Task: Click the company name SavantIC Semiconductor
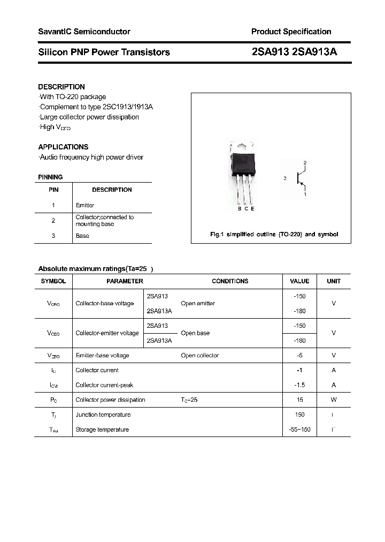[84, 32]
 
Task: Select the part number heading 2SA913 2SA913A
[294, 52]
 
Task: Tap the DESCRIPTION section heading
[61, 87]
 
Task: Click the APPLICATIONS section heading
[63, 147]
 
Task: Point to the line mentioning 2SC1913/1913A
[96, 107]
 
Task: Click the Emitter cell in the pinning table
[85, 205]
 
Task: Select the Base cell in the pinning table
[82, 236]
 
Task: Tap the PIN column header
[53, 190]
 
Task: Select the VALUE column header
[299, 281]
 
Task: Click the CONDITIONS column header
[230, 281]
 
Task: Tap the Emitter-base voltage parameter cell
[102, 355]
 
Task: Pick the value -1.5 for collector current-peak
[299, 385]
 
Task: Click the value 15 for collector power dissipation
[299, 400]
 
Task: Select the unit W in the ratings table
[334, 400]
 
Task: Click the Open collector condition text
[199, 355]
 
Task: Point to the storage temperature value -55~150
[299, 430]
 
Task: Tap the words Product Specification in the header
[291, 32]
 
